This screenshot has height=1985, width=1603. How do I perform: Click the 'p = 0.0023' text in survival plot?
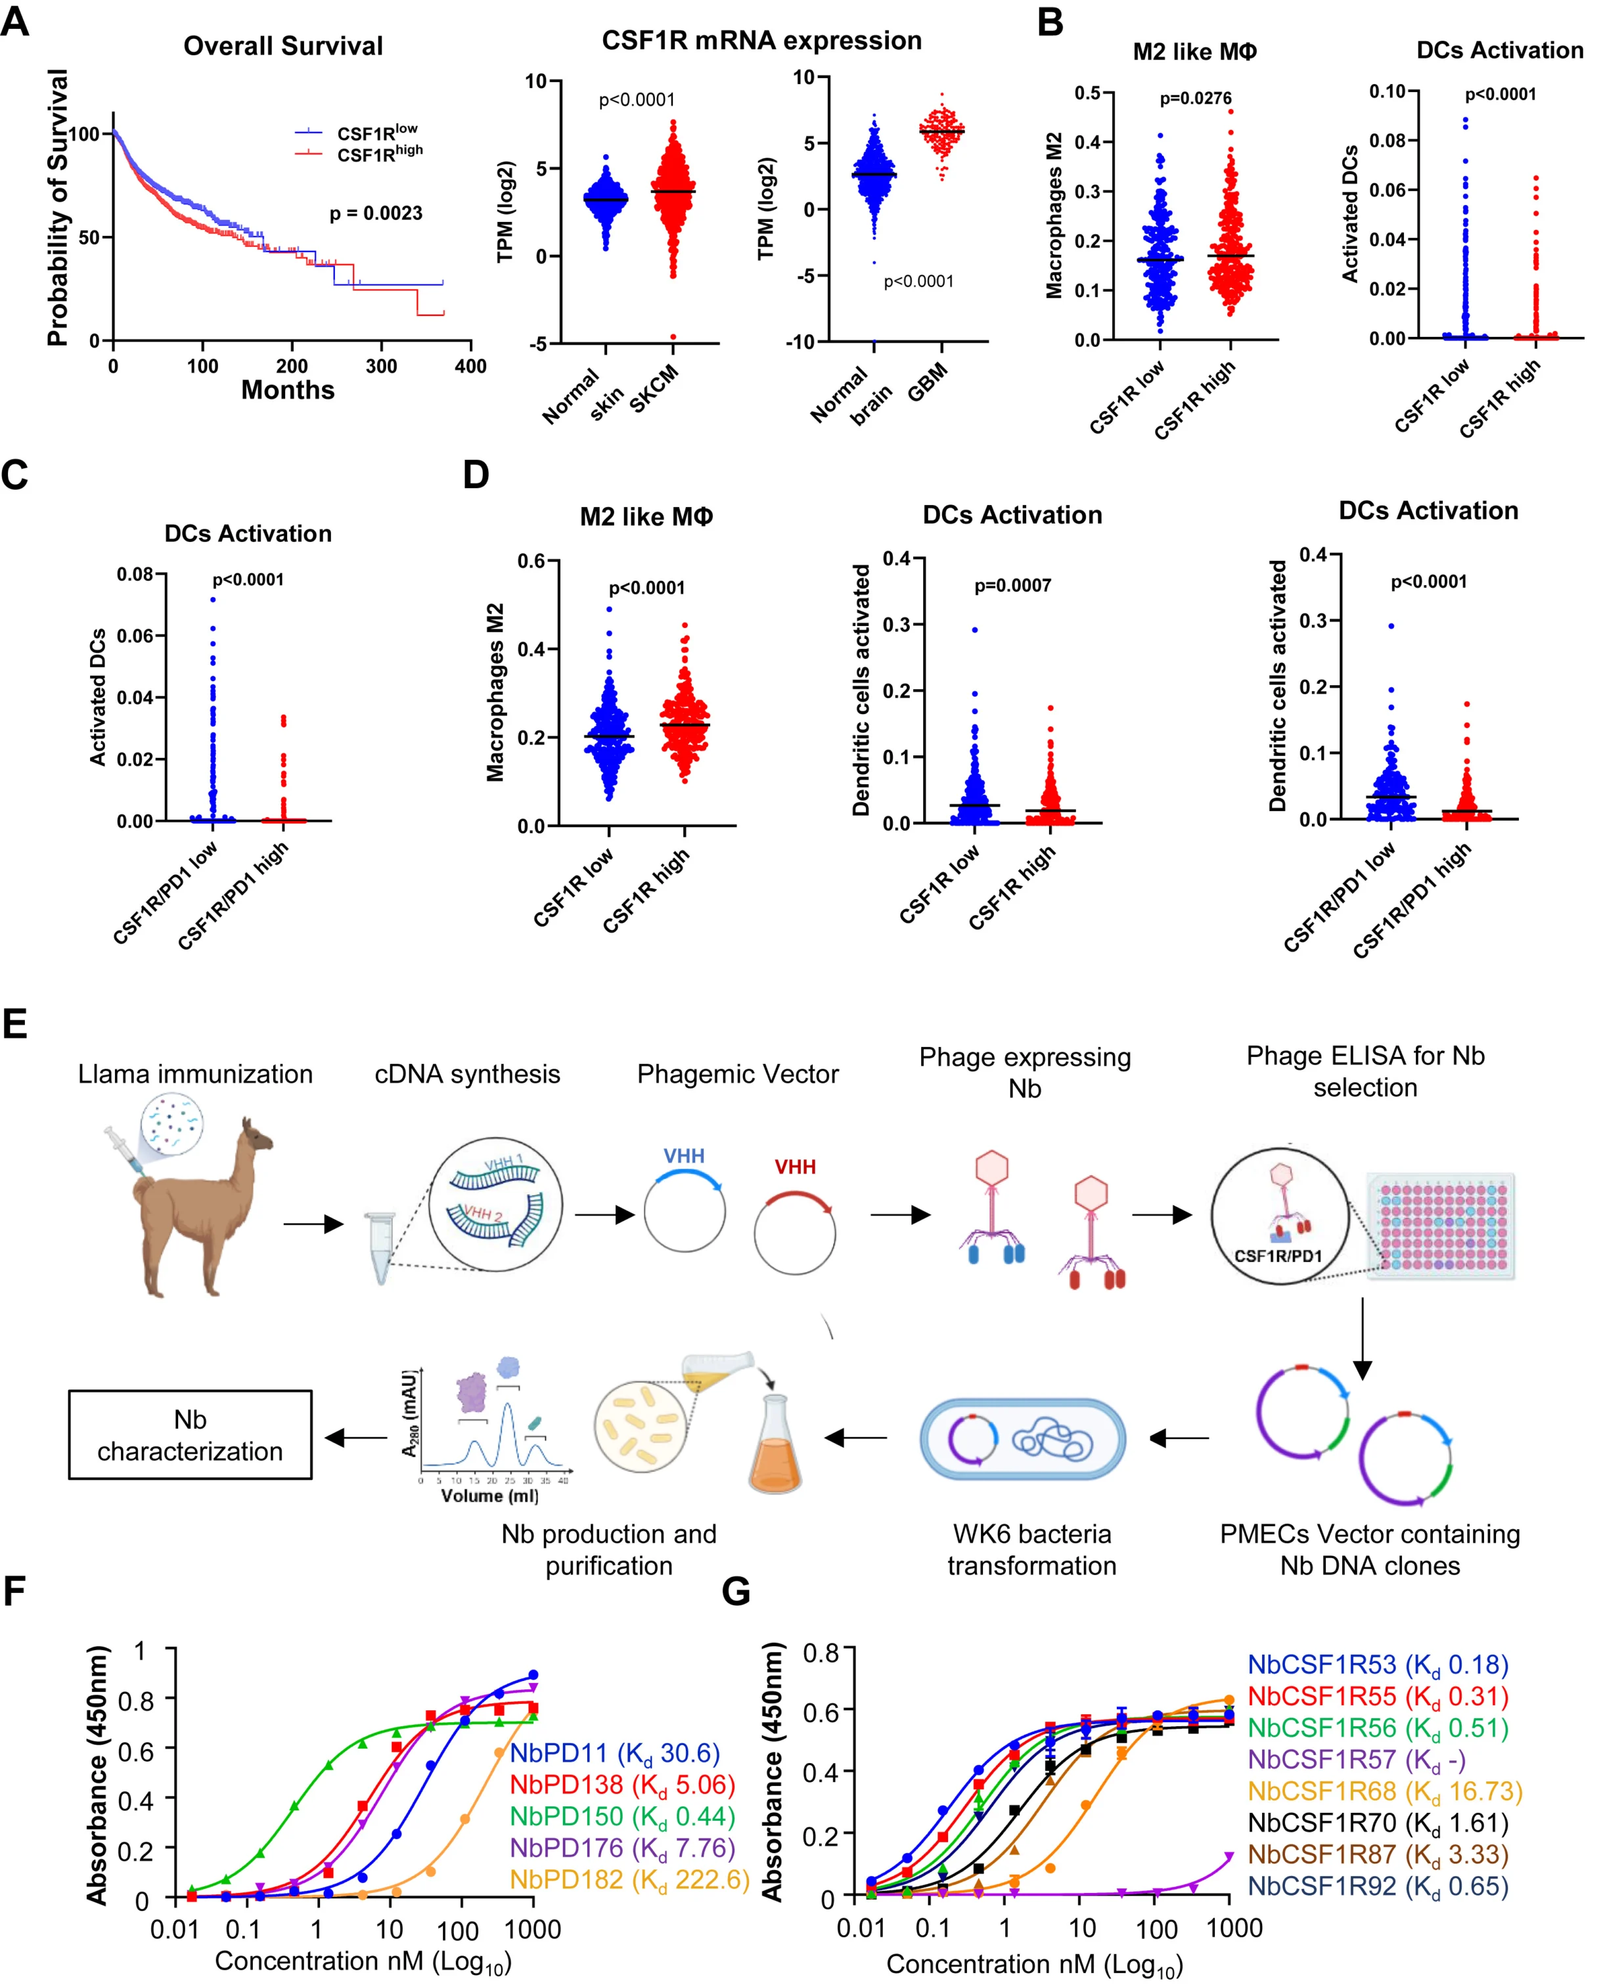[376, 213]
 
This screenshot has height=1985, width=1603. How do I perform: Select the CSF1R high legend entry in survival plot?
[378, 153]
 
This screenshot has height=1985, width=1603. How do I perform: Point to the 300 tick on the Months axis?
[381, 367]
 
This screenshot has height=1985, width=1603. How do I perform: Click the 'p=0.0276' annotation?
[1195, 98]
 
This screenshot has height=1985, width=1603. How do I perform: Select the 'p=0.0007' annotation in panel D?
[1012, 585]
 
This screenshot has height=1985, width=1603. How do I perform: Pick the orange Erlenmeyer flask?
[774, 1445]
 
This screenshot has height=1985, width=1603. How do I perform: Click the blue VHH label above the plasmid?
[683, 1156]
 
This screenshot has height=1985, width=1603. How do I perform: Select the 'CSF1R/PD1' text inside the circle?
[1277, 1256]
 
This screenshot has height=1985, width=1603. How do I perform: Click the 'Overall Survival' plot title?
[282, 46]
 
